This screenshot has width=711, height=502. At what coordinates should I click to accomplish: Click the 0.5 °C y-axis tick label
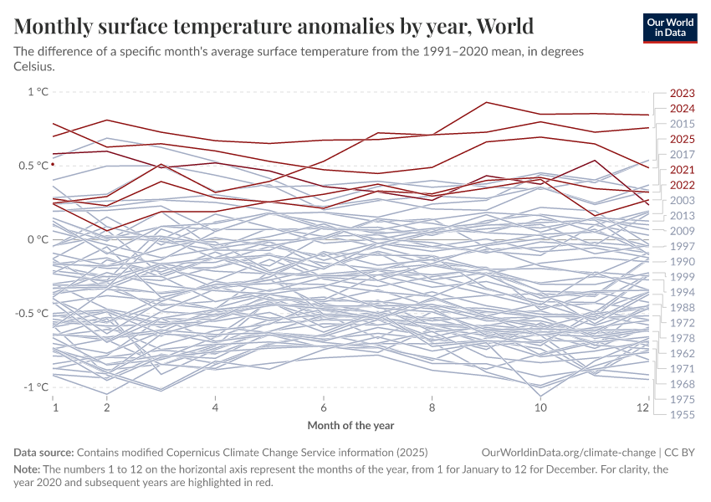tap(32, 166)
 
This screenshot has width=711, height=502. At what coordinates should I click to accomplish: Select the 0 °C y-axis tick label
tap(38, 239)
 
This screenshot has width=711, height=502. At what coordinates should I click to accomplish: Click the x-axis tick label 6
tap(323, 407)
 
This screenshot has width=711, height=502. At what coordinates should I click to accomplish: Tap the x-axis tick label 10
tap(540, 407)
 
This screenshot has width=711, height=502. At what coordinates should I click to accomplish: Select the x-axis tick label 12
tap(642, 407)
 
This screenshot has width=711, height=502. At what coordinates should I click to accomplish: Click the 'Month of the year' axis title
tap(350, 425)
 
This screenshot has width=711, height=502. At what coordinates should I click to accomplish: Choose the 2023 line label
tap(683, 94)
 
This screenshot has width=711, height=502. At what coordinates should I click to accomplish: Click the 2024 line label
tap(683, 109)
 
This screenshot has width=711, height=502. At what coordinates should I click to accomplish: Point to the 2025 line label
tap(683, 139)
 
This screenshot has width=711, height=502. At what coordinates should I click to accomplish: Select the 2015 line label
tap(683, 124)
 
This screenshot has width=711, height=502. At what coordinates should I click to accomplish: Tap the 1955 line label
tap(683, 414)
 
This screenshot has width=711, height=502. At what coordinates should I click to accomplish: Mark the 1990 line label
tap(683, 262)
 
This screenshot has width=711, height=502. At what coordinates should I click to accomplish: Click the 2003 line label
tap(683, 201)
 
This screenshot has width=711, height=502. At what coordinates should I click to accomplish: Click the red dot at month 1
tap(53, 164)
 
